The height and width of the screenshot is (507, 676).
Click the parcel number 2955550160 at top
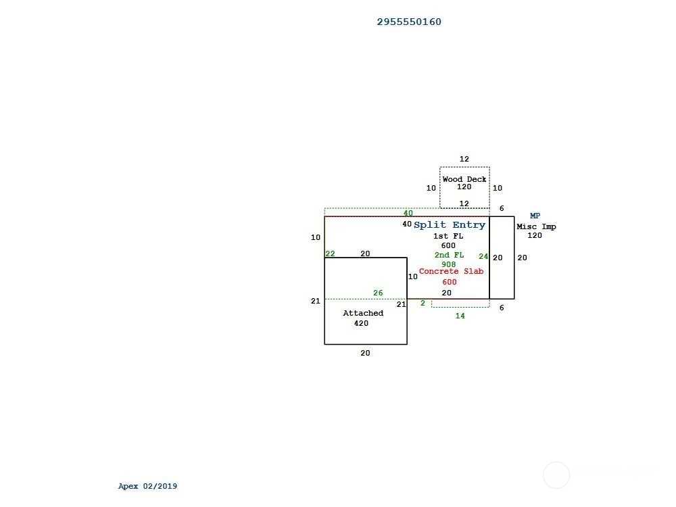(x=409, y=22)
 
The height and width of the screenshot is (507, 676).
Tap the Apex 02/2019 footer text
(x=147, y=486)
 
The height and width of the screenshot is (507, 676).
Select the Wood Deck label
(x=464, y=179)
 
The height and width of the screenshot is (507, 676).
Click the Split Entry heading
(x=450, y=224)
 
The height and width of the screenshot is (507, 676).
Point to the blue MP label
(x=535, y=216)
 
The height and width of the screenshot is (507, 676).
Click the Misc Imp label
(x=536, y=226)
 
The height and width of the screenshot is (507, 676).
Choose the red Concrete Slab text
(x=451, y=271)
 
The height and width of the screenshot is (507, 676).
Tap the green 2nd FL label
(x=449, y=255)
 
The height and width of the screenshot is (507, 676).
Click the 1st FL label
(x=448, y=236)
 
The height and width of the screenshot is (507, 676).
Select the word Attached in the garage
(x=363, y=313)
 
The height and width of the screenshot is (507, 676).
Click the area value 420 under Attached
(x=361, y=323)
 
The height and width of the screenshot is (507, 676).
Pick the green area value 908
(x=448, y=264)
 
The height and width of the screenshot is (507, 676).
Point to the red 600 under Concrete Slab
(x=450, y=282)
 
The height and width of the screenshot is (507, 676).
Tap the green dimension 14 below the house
(x=460, y=316)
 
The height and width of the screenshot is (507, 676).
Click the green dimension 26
(x=378, y=293)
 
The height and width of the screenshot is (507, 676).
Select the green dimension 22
(x=331, y=254)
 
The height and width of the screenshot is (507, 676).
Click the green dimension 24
(x=483, y=256)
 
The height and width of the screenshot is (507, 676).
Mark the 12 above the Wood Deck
(x=464, y=159)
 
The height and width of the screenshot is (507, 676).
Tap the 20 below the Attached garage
(x=365, y=353)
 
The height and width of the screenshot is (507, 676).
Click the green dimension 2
(x=422, y=303)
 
